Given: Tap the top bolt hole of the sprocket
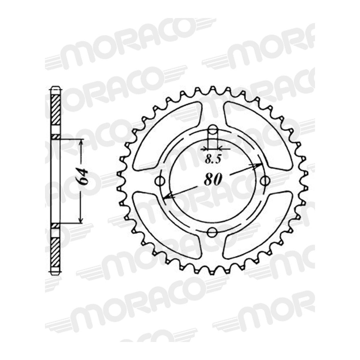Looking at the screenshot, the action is pyautogui.click(x=213, y=130).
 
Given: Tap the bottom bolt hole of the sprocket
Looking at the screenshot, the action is pyautogui.click(x=212, y=232).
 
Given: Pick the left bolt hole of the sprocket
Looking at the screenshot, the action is pyautogui.click(x=160, y=181).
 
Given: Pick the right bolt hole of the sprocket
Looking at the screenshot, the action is pyautogui.click(x=265, y=181).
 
